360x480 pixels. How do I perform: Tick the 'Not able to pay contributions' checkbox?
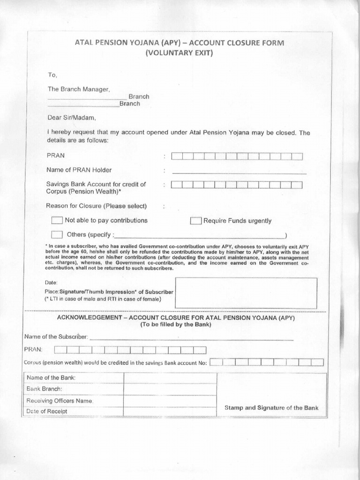click(57, 220)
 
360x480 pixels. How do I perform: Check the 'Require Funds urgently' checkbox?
click(195, 221)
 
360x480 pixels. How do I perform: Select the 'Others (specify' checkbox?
click(57, 234)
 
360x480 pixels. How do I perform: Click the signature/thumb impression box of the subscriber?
click(246, 293)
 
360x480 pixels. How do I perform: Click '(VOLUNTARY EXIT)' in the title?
click(180, 53)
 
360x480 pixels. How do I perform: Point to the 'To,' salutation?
click(52, 75)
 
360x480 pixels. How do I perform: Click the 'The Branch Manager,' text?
click(78, 89)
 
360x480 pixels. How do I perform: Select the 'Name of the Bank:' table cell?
click(52, 378)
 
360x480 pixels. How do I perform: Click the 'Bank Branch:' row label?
click(45, 389)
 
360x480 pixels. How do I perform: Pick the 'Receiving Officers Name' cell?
click(60, 401)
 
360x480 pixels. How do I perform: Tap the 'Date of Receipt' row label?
click(47, 411)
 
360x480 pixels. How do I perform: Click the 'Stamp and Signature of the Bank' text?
click(271, 408)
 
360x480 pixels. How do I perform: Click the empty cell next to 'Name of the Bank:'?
click(170, 378)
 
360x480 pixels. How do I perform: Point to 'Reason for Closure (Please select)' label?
click(97, 206)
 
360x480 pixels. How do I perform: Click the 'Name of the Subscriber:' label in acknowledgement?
click(56, 337)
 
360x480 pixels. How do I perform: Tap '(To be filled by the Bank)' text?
click(176, 325)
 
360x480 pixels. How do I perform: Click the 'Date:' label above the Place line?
click(52, 283)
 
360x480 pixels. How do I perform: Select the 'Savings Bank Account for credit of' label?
click(96, 184)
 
